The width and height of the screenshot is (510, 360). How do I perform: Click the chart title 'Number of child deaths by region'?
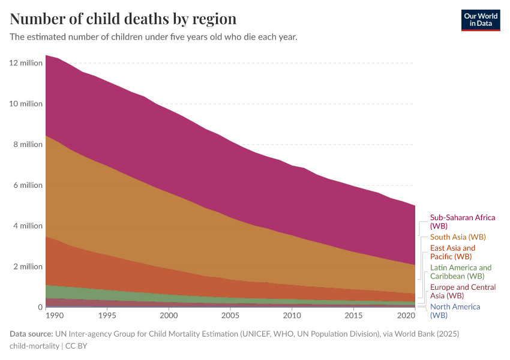[123, 19]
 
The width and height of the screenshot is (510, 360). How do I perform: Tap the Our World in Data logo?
[480, 20]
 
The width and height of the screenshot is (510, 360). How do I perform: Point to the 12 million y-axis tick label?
[26, 63]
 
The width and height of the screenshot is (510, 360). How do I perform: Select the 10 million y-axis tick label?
[26, 104]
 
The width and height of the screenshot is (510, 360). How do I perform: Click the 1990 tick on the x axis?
[54, 315]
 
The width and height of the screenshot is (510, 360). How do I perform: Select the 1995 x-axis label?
[107, 315]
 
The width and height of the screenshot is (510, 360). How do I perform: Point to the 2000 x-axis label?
[169, 315]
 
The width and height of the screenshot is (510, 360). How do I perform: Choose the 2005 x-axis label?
[230, 315]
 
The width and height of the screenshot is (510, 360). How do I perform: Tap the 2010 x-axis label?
[292, 315]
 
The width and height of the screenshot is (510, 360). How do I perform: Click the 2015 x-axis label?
[353, 315]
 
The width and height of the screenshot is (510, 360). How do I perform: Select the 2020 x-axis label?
[406, 315]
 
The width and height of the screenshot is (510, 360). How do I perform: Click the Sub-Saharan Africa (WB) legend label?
[463, 222]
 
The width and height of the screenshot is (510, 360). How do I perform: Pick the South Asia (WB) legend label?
[458, 237]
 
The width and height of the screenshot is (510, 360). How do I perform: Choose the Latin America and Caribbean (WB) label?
[461, 272]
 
